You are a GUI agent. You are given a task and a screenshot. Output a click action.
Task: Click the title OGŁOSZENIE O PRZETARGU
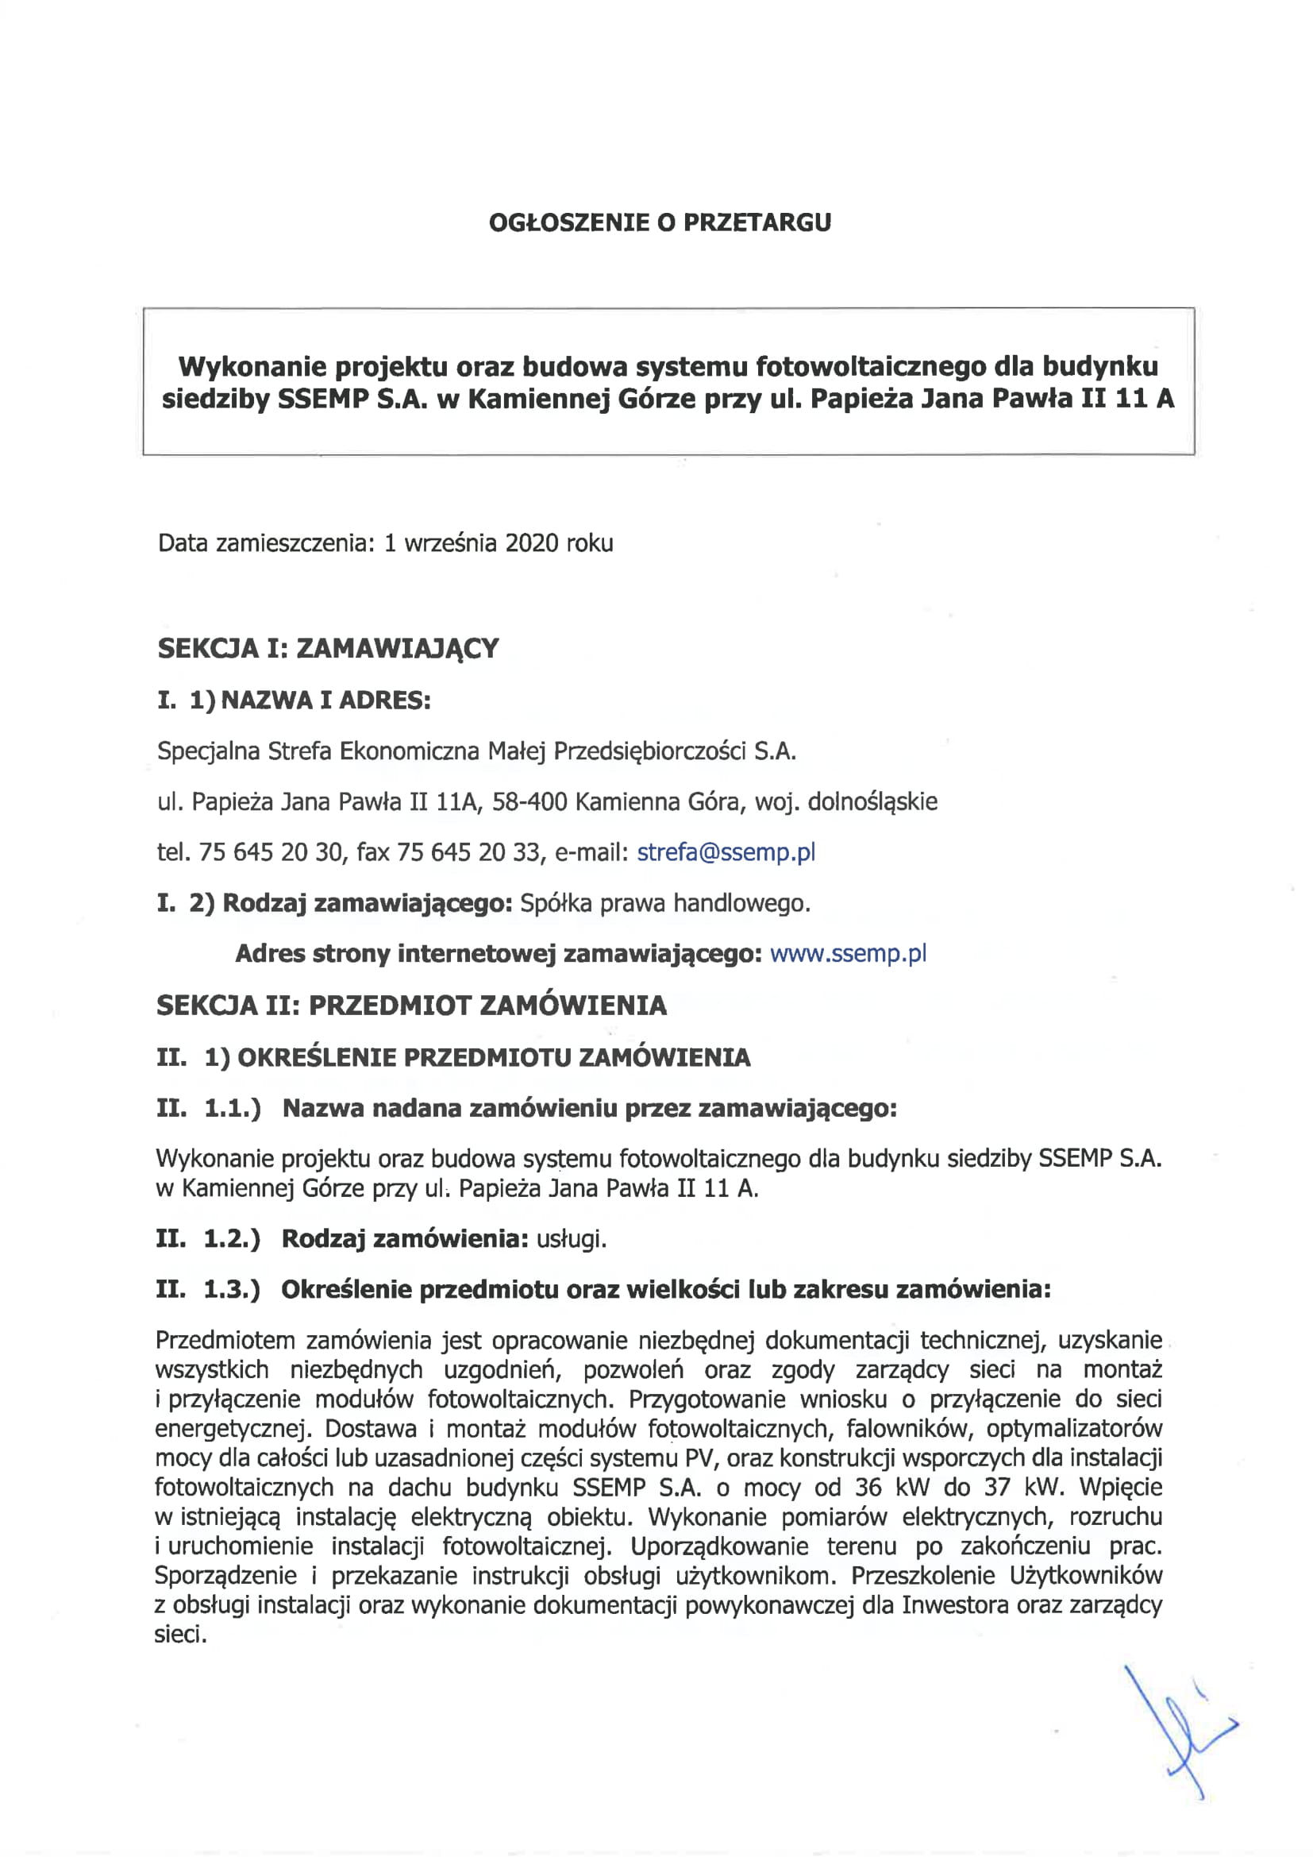point(660,222)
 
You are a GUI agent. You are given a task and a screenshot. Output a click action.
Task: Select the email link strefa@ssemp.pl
point(726,852)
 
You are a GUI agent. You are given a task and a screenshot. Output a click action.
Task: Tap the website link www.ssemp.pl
point(848,954)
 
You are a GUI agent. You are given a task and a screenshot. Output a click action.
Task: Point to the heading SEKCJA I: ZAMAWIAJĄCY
point(329,649)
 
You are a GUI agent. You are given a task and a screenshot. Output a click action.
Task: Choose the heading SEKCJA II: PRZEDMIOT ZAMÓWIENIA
point(411,1006)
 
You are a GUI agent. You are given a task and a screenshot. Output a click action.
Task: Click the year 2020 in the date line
point(532,542)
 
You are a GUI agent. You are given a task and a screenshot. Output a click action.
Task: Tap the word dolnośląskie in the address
point(872,801)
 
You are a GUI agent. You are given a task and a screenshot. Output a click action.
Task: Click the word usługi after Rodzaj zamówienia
point(571,1239)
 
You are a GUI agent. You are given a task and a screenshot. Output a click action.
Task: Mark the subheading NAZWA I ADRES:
point(325,700)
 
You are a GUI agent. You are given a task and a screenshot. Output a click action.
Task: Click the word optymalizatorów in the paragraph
point(1074,1428)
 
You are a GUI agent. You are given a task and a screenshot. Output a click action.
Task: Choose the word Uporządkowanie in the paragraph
point(718,1546)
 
